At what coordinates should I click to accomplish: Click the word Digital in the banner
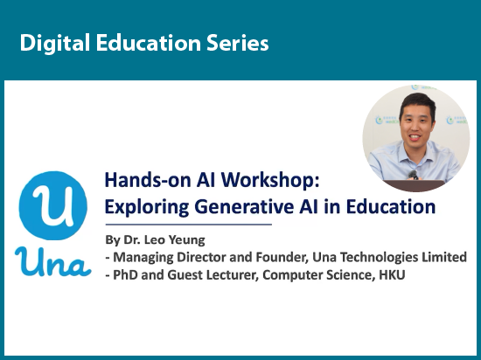coord(55,43)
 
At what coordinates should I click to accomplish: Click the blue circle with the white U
coord(53,205)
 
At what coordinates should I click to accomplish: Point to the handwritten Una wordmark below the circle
coord(53,261)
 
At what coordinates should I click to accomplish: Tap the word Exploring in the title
coord(147,207)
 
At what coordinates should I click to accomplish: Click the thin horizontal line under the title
coord(189,225)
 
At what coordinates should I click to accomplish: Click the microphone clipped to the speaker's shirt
coord(413,175)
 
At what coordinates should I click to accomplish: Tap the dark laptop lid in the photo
coord(415,185)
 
